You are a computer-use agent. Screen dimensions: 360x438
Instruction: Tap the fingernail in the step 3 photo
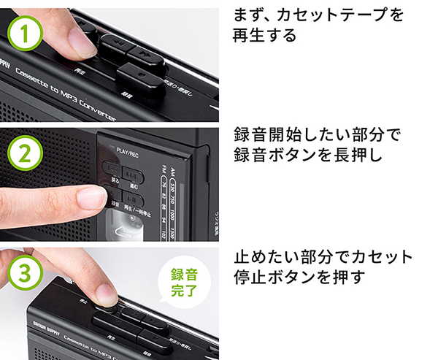[x=107, y=295]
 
